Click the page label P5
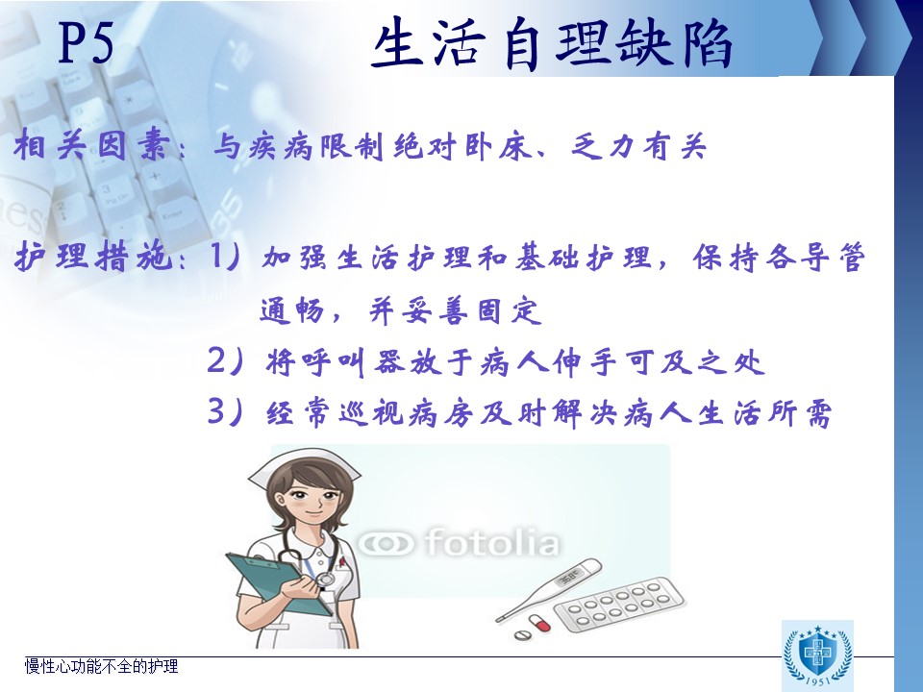86,41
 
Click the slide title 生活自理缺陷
552,44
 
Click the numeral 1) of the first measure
225,257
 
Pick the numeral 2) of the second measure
225,360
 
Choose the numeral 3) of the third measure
225,411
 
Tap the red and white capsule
539,623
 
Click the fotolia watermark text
460,542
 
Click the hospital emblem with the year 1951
817,655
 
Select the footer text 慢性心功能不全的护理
101,666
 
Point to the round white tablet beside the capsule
521,635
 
